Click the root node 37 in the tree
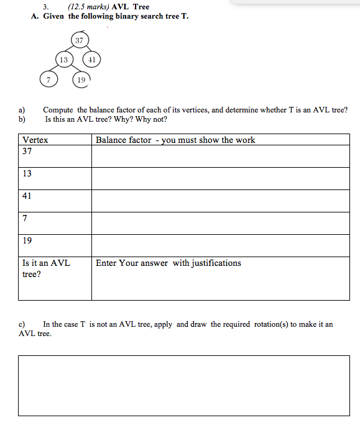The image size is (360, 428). [79, 41]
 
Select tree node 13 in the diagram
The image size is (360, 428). [63, 60]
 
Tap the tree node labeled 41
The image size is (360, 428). [91, 60]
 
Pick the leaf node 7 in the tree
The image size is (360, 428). [48, 79]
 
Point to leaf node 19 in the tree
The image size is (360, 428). [80, 79]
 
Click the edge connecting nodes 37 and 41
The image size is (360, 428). [86, 50]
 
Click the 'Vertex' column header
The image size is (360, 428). [35, 140]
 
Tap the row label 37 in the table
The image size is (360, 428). [27, 152]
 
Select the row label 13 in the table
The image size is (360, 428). [27, 174]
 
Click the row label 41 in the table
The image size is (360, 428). [27, 196]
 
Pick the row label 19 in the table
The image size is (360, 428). [27, 241]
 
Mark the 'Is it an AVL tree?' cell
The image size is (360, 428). [46, 268]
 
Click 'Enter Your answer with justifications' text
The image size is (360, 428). [168, 263]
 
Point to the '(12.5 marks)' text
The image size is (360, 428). [87, 7]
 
